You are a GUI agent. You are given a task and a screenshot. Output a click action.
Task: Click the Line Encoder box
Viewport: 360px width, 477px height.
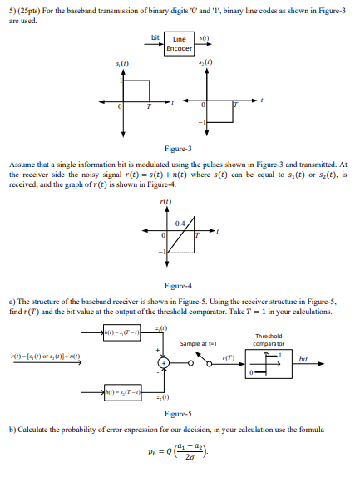point(179,44)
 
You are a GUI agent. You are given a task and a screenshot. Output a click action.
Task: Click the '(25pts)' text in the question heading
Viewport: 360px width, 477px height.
point(27,7)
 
